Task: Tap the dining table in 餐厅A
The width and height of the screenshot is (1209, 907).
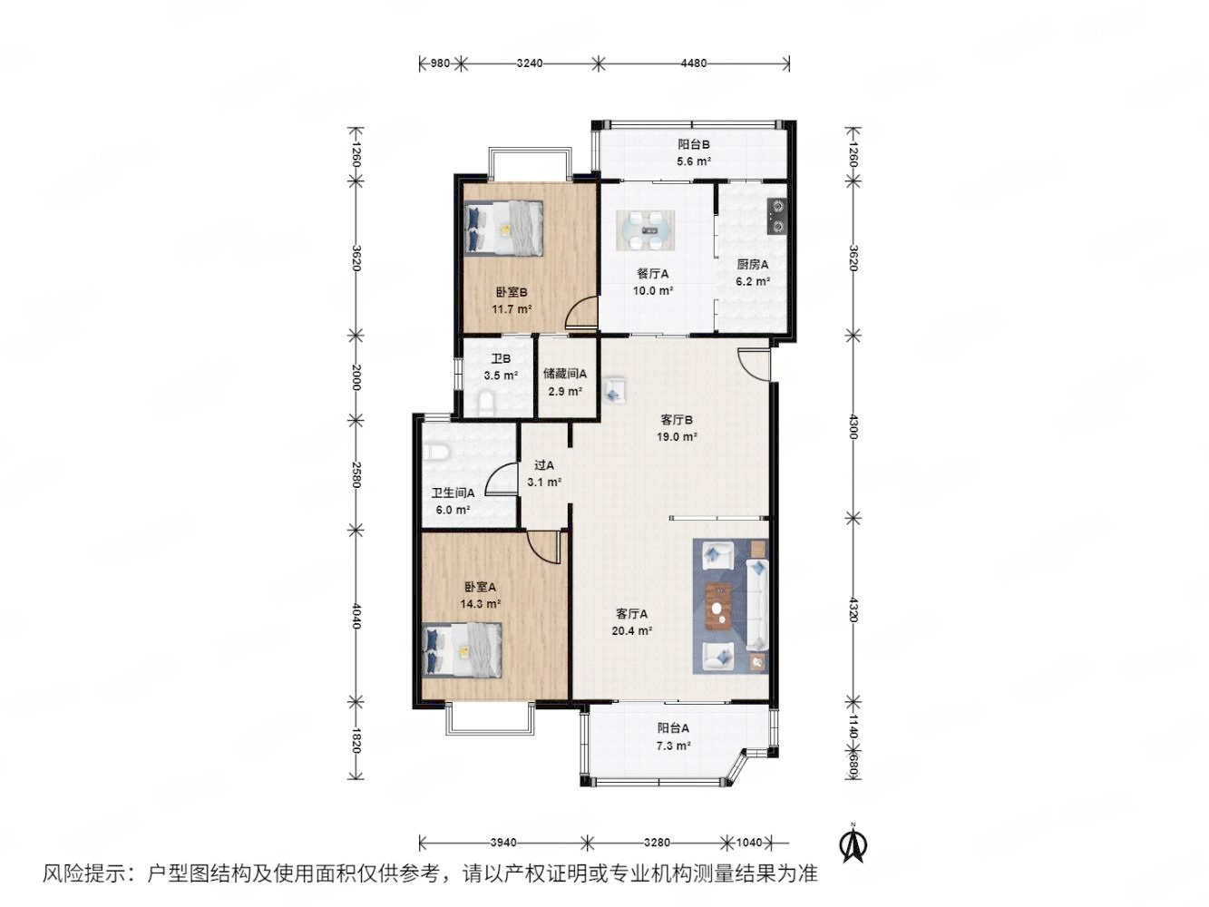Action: (645, 229)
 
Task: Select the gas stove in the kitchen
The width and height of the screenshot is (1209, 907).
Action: (776, 216)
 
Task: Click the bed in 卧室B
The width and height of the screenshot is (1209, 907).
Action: (503, 228)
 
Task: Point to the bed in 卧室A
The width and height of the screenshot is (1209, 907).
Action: (462, 649)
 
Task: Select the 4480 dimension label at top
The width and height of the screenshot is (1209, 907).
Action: (693, 63)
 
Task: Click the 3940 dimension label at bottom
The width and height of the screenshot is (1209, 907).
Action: (502, 842)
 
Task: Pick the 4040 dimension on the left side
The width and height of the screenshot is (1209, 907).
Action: (356, 616)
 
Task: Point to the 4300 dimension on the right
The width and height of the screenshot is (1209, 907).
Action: (853, 426)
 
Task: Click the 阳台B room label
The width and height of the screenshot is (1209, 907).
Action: (693, 144)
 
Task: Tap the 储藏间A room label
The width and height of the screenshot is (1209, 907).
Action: (564, 374)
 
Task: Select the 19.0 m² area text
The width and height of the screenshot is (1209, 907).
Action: (677, 436)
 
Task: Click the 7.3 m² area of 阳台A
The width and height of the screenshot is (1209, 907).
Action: (673, 746)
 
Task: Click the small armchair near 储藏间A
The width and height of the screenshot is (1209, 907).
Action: (613, 390)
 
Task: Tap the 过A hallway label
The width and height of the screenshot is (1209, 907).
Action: (543, 465)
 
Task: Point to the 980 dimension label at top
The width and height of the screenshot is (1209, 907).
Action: (440, 63)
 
